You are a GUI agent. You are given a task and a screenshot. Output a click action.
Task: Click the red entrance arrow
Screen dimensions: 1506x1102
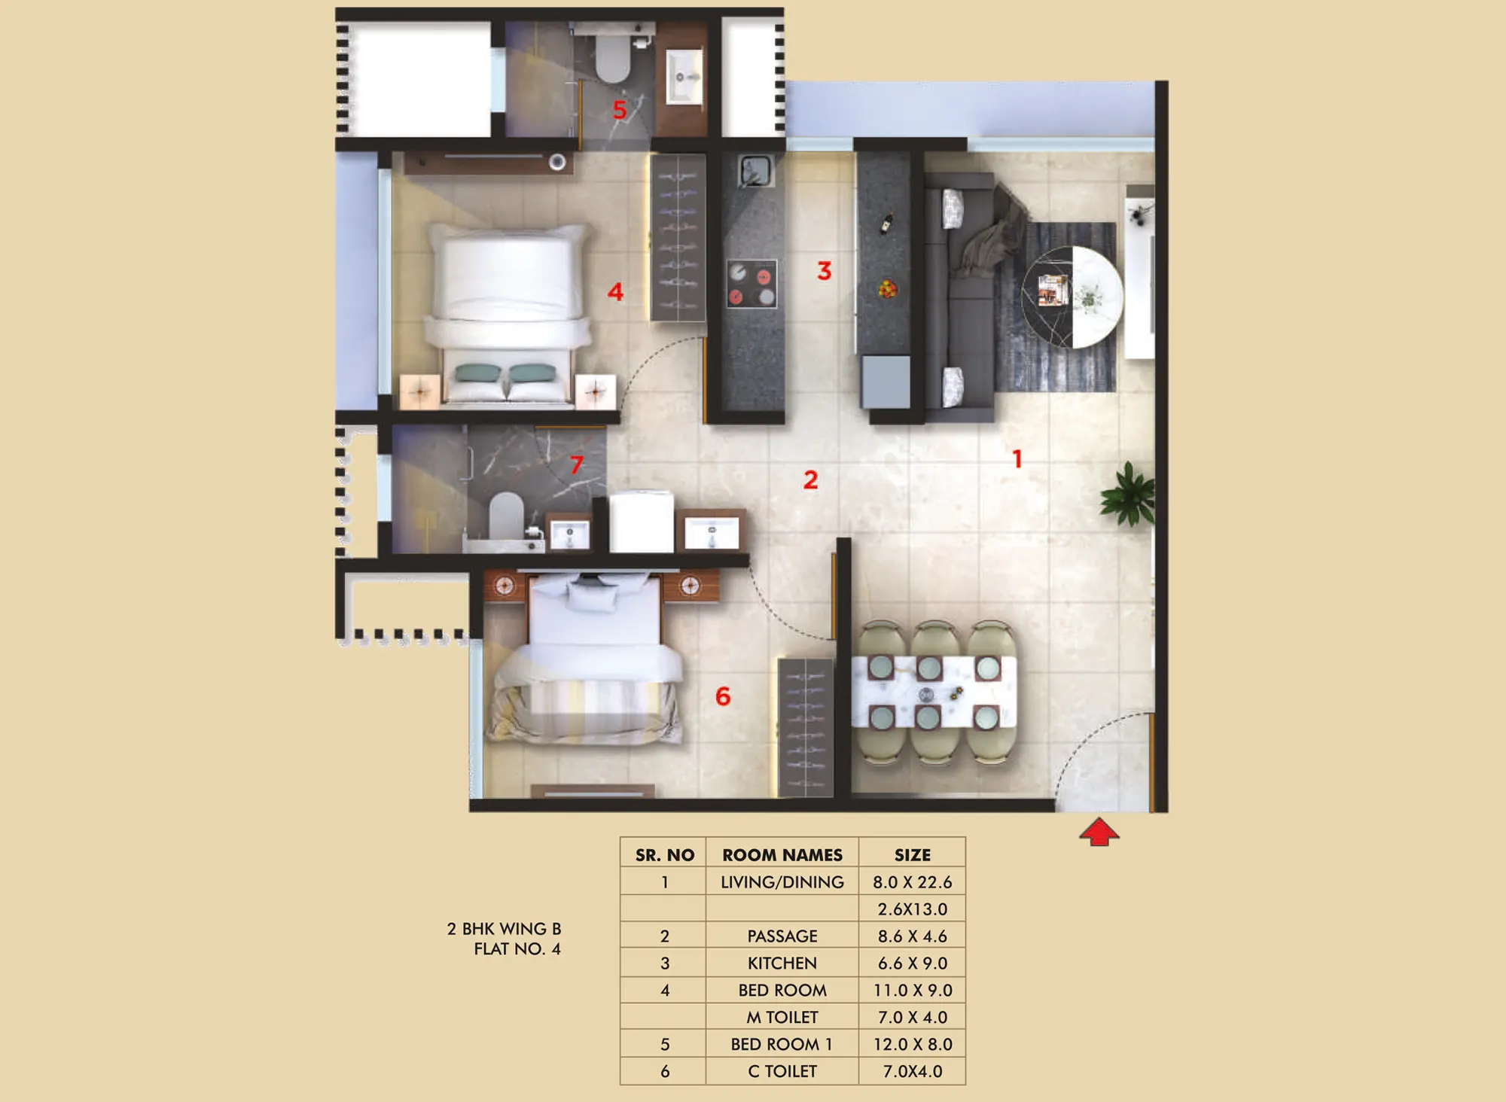coord(1099,832)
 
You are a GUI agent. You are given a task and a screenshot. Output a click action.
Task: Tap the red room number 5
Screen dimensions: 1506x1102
coord(620,110)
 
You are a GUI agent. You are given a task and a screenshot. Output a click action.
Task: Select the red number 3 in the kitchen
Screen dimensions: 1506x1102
coord(825,271)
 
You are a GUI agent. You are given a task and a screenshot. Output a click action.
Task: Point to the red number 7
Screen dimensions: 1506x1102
coord(577,464)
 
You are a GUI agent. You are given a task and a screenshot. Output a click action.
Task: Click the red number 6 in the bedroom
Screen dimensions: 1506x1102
coord(723,696)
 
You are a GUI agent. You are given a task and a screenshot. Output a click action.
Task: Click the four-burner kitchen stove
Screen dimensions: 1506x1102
coord(751,283)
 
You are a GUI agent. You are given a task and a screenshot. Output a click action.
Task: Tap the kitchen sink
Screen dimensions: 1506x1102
coord(755,171)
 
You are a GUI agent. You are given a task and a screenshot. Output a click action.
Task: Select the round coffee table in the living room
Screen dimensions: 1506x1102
coord(1072,297)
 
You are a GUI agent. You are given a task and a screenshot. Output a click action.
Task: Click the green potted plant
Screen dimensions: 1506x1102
coord(1127,494)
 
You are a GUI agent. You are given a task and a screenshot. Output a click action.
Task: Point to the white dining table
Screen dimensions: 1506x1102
coord(934,692)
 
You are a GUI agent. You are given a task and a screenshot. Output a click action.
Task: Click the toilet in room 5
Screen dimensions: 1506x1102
coord(613,56)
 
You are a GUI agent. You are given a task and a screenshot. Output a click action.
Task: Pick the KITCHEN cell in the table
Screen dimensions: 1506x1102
coord(782,963)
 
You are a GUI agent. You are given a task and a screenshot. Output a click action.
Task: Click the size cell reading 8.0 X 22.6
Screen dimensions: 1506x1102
coord(913,881)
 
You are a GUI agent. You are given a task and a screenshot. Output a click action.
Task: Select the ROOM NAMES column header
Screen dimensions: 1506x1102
coord(782,854)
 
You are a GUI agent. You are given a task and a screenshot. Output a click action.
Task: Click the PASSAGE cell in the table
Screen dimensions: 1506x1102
coord(782,936)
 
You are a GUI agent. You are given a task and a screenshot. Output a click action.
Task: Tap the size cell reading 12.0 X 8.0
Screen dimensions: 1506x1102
coord(913,1044)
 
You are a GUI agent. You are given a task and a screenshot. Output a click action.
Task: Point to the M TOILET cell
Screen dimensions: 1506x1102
coord(782,1017)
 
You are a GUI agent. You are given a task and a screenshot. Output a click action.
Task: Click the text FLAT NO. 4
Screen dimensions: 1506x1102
coord(517,948)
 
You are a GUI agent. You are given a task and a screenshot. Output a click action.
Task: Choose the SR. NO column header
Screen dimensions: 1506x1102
coord(664,854)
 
